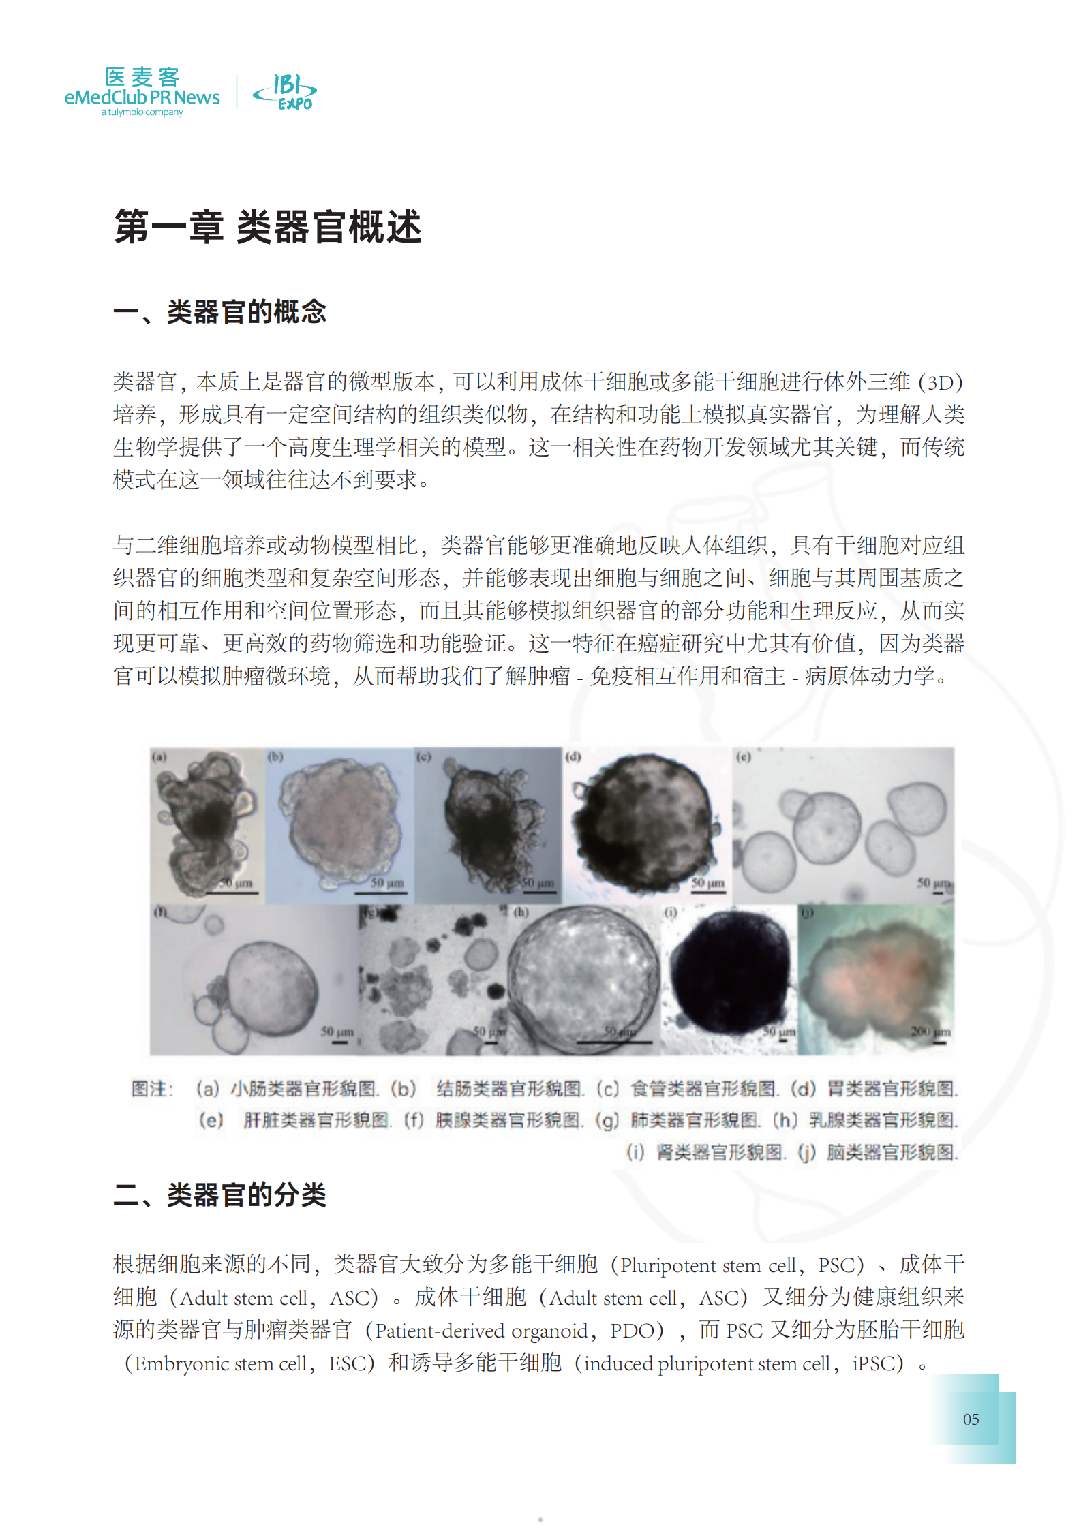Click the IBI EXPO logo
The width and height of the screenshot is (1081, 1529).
(286, 92)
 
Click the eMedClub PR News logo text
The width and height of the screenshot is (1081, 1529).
(142, 97)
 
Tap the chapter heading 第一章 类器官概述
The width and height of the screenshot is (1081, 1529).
(268, 226)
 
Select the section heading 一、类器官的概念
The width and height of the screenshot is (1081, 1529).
(219, 312)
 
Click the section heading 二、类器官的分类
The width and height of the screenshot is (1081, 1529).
(219, 1195)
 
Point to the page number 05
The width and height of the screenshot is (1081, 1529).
(971, 1419)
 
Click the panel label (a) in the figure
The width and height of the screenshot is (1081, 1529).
(159, 756)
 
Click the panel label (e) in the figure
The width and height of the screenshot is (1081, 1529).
(742, 756)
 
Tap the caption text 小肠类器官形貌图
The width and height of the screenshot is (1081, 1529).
(303, 1089)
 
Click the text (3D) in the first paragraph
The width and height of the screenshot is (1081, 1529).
(940, 382)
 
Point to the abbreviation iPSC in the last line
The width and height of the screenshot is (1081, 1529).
(878, 1363)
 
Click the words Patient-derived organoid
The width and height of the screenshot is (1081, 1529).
(481, 1331)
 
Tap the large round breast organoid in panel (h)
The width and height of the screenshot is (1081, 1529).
(583, 978)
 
